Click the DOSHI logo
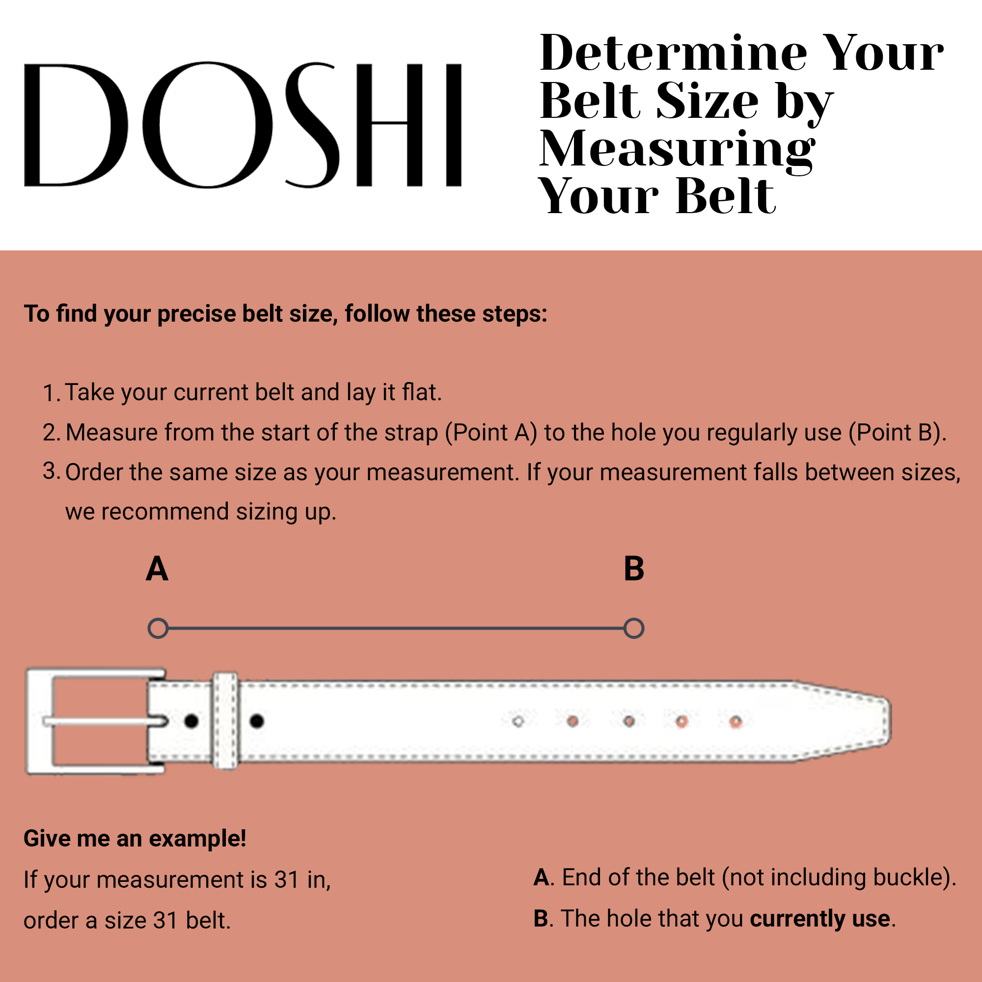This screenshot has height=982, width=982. pyautogui.click(x=243, y=125)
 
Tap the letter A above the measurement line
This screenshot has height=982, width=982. pyautogui.click(x=157, y=569)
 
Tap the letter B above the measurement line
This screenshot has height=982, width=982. pyautogui.click(x=634, y=569)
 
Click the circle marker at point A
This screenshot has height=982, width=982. pyautogui.click(x=158, y=628)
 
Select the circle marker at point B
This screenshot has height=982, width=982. pyautogui.click(x=634, y=628)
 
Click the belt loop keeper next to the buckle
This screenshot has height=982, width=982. pyautogui.click(x=225, y=721)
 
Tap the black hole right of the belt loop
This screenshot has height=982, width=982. pyautogui.click(x=257, y=721)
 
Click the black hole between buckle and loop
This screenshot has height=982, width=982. pyautogui.click(x=191, y=721)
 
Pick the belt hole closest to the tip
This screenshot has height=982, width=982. pyautogui.click(x=736, y=722)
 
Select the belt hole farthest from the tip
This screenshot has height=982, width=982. pyautogui.click(x=518, y=722)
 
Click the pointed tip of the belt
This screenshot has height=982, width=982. pyautogui.click(x=891, y=722)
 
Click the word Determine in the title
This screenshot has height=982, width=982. pyautogui.click(x=674, y=53)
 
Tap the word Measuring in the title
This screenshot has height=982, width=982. pyautogui.click(x=678, y=149)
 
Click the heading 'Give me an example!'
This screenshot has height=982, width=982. pyautogui.click(x=135, y=839)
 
